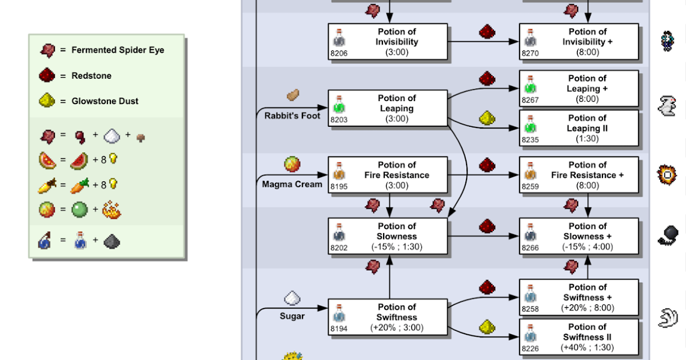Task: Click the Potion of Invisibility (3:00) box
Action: point(388,42)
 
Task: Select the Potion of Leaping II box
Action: point(579,128)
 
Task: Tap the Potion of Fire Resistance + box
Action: point(579,175)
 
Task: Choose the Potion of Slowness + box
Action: point(579,236)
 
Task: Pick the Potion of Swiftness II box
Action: point(579,337)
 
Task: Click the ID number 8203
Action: point(338,119)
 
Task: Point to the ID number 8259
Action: point(530,186)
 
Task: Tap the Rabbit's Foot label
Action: point(292,115)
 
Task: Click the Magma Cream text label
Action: point(292,184)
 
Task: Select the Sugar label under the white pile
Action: point(292,316)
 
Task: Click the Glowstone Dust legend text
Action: point(105,101)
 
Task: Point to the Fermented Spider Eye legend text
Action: point(118,50)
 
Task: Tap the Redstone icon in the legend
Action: point(47,75)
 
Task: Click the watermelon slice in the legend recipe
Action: point(79,161)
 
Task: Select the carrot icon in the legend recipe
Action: point(79,186)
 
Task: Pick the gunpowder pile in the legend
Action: point(112,241)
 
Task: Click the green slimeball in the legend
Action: point(79,210)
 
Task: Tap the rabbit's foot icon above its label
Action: point(293,95)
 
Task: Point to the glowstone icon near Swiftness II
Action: point(487,327)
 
